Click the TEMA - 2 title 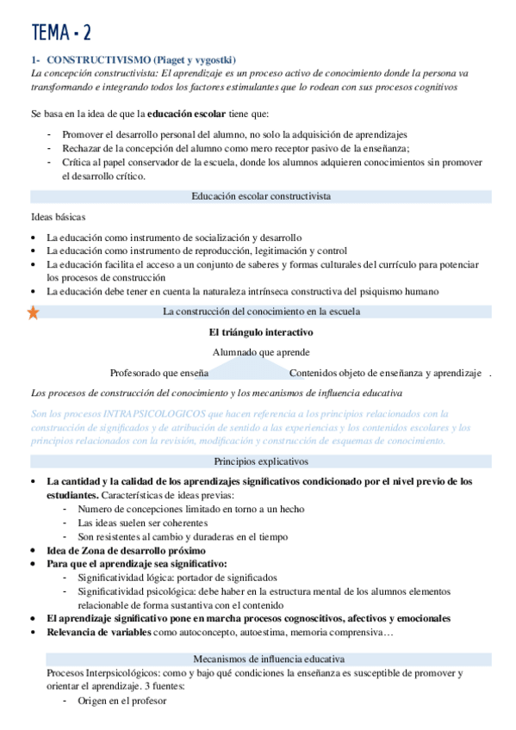click(x=61, y=33)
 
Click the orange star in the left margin click(x=33, y=312)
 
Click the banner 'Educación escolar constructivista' click(x=260, y=196)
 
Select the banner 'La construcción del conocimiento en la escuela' click(x=260, y=312)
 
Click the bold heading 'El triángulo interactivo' click(x=260, y=332)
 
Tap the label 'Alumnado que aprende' click(x=260, y=352)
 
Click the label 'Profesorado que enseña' click(x=159, y=373)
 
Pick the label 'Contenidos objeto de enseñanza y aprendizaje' click(x=384, y=373)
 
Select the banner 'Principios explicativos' click(x=260, y=461)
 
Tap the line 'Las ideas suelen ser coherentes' click(x=146, y=523)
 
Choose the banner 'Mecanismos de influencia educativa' click(x=260, y=659)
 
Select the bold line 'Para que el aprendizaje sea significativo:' click(x=137, y=563)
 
